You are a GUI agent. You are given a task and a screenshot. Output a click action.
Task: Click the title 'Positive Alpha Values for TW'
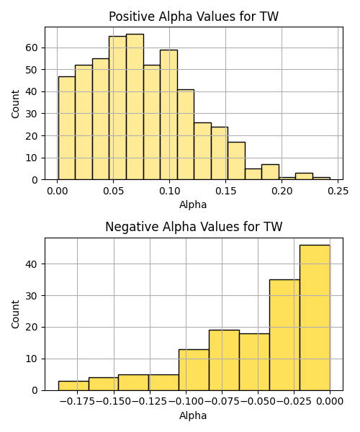pos(194,17)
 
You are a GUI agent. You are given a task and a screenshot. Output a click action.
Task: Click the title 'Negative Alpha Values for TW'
pos(194,227)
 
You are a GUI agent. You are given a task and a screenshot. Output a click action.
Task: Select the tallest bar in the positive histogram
pos(135,107)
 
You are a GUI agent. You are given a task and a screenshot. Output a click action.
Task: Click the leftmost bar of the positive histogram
pos(67,128)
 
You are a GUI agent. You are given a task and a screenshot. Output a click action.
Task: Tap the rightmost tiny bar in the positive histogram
pos(321,179)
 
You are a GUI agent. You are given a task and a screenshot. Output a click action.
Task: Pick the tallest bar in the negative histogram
pos(315,318)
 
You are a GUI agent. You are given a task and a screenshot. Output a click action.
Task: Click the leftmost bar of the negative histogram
pos(73,386)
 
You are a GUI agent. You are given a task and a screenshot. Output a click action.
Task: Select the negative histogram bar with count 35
pos(284,335)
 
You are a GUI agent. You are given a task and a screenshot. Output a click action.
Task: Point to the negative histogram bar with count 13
pos(194,370)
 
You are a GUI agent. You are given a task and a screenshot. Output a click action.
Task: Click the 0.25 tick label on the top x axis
pos(338,191)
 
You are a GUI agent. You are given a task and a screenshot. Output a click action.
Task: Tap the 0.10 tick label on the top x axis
pos(169,191)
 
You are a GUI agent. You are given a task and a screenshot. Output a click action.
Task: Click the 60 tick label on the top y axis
pos(31,48)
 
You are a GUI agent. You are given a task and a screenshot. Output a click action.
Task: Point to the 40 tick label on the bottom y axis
pos(31,264)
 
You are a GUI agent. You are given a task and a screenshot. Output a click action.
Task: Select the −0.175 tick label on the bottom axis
pos(77,402)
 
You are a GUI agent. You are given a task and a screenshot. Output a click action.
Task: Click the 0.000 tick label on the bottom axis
pos(330,402)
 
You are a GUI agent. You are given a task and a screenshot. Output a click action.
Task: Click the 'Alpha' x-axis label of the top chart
pos(193,204)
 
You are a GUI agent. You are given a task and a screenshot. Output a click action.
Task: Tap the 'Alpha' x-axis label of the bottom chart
pos(193,415)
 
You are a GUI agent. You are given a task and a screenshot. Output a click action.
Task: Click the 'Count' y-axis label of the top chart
pos(15,104)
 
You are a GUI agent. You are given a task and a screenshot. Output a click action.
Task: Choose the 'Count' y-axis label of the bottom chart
pos(15,315)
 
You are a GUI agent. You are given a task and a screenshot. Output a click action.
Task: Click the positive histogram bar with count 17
pos(237,161)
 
